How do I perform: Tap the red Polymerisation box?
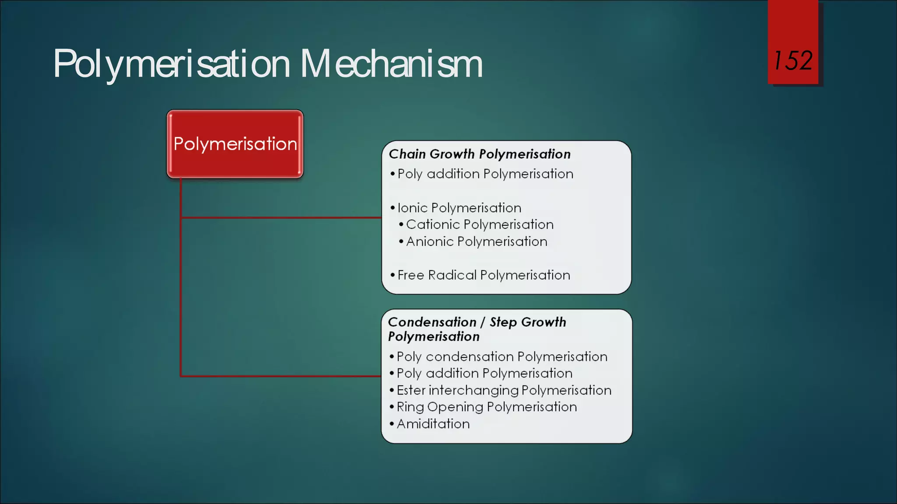click(235, 144)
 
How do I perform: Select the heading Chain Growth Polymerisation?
click(480, 154)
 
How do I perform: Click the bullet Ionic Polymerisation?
click(459, 208)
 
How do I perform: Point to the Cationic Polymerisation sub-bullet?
click(480, 224)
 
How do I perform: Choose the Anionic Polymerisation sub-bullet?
click(477, 241)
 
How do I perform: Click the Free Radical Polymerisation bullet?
click(484, 275)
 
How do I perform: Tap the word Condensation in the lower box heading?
click(432, 322)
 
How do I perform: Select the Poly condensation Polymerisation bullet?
click(502, 357)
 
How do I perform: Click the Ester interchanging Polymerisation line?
click(504, 390)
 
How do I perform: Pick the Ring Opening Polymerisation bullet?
click(487, 407)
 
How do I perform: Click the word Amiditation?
click(433, 424)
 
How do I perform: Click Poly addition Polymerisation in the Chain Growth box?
click(485, 174)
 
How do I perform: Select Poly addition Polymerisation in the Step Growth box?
click(484, 373)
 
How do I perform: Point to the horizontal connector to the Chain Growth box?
click(280, 217)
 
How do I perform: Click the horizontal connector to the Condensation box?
click(280, 376)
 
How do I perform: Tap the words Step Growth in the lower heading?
click(528, 322)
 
